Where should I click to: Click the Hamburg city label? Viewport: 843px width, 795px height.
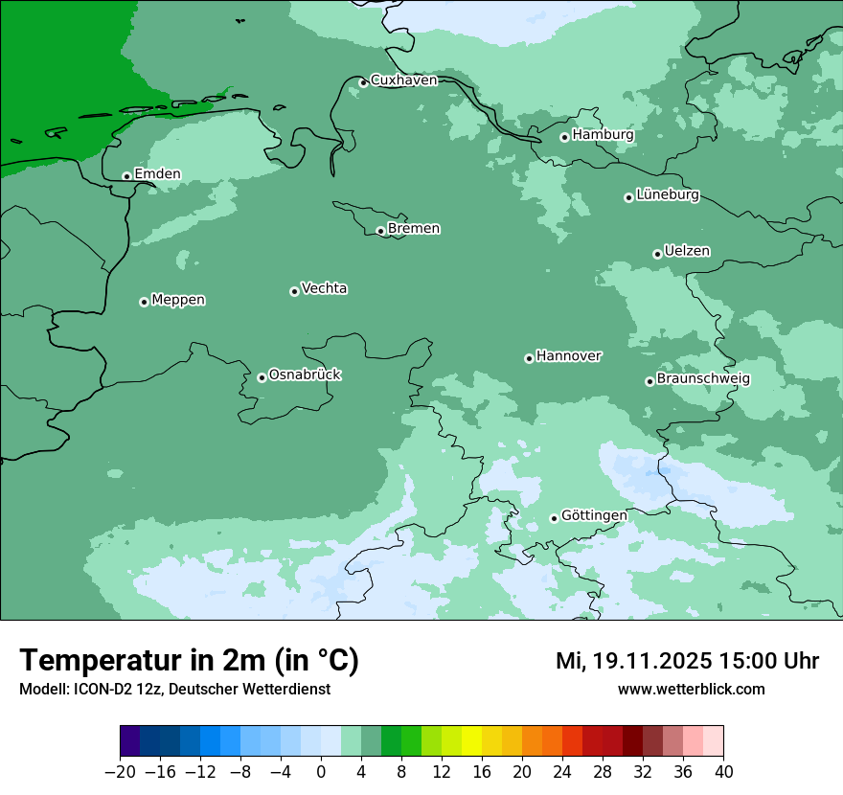pyautogui.click(x=603, y=135)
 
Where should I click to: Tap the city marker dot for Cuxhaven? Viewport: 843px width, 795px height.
pyautogui.click(x=363, y=82)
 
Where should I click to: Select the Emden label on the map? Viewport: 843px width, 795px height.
pyautogui.click(x=157, y=174)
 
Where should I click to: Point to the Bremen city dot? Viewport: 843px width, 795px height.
pyautogui.click(x=380, y=231)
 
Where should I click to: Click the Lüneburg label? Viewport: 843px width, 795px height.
pyautogui.click(x=668, y=195)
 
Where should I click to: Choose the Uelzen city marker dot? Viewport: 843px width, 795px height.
pyautogui.click(x=657, y=254)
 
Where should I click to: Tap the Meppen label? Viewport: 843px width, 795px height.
pyautogui.click(x=178, y=300)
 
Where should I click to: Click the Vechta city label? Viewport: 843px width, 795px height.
pyautogui.click(x=324, y=288)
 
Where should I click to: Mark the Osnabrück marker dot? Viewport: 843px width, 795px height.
pyautogui.click(x=262, y=377)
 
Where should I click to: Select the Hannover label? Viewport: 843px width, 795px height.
pyautogui.click(x=568, y=356)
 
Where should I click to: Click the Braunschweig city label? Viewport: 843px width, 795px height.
pyautogui.click(x=703, y=379)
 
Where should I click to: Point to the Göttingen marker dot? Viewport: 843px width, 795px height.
pyautogui.click(x=554, y=518)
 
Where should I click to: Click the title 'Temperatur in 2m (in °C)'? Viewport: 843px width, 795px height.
pyautogui.click(x=189, y=661)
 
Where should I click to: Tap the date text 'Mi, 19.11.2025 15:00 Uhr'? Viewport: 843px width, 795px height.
pyautogui.click(x=687, y=661)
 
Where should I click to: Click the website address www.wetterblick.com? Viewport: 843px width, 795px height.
pyautogui.click(x=691, y=689)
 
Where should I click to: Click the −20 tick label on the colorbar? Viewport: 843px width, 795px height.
pyautogui.click(x=120, y=772)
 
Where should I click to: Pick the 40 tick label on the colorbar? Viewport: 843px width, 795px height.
pyautogui.click(x=723, y=772)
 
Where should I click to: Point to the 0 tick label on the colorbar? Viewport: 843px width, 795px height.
pyautogui.click(x=321, y=772)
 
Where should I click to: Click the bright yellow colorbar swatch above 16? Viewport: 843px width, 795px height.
pyautogui.click(x=471, y=741)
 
